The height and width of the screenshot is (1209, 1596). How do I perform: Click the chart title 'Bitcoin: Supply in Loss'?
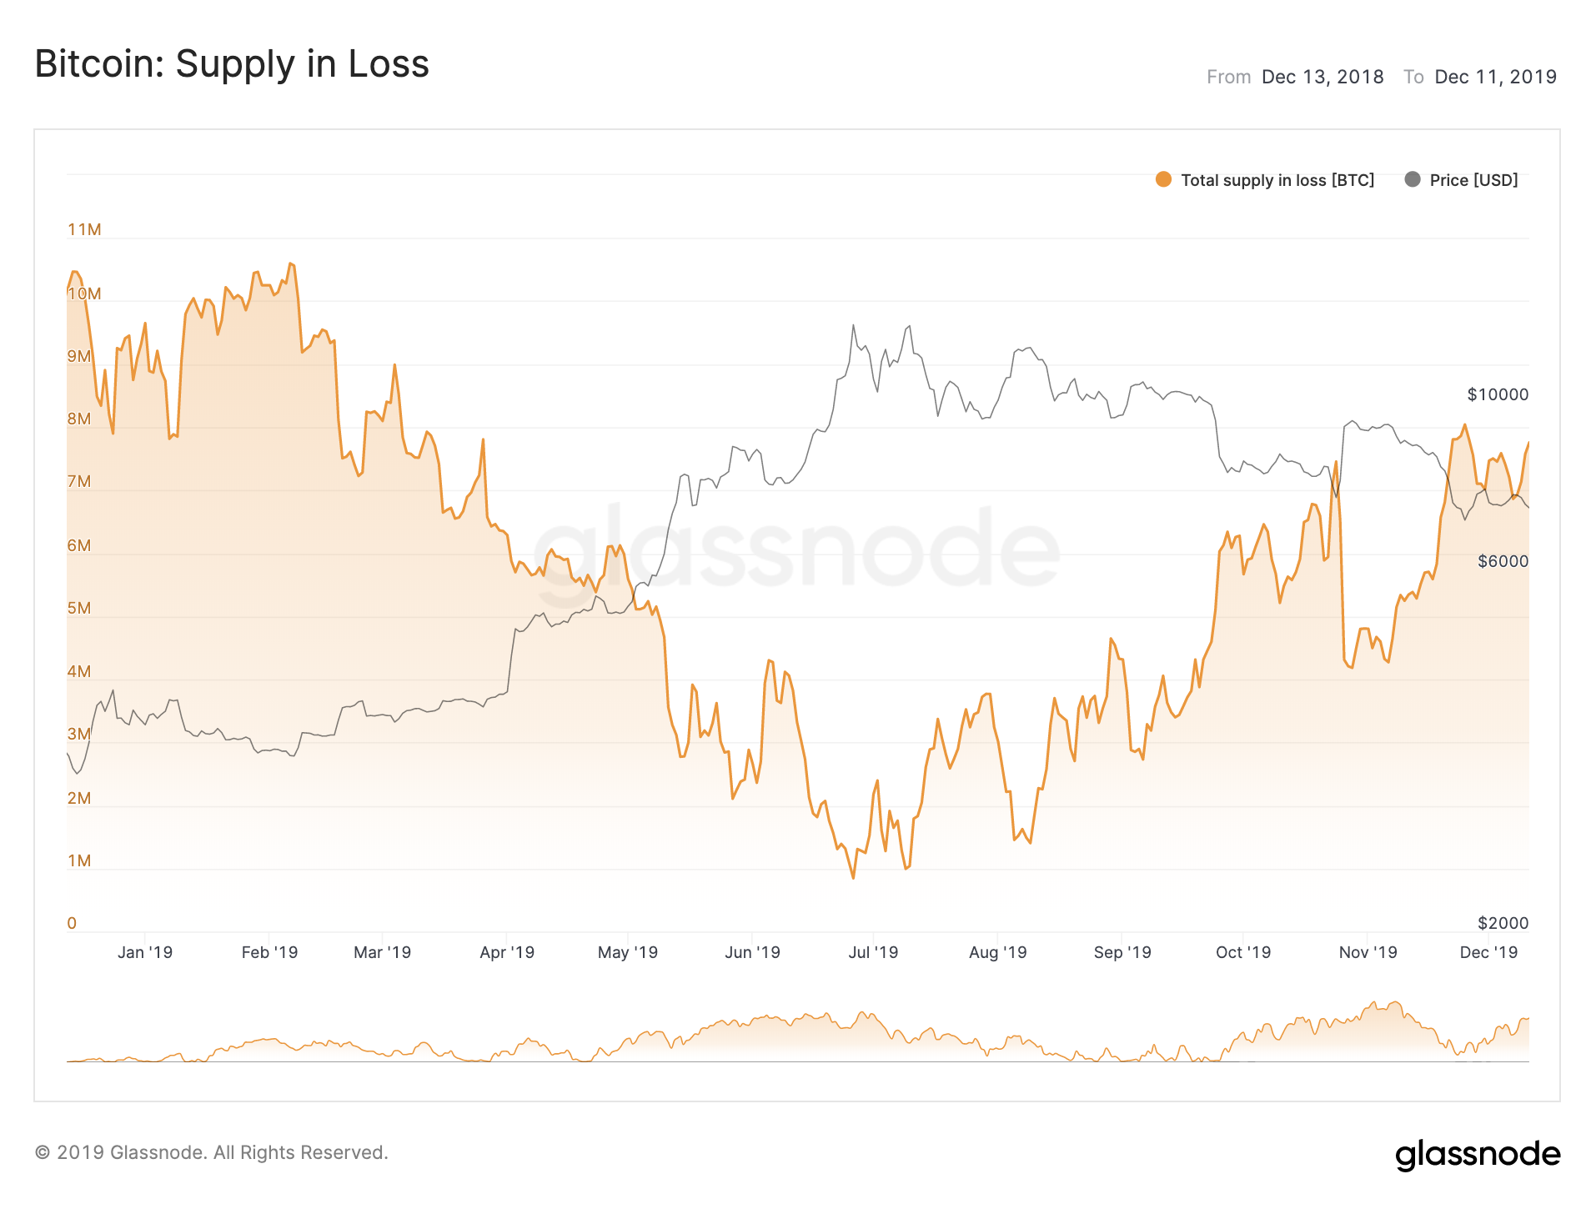coord(232,64)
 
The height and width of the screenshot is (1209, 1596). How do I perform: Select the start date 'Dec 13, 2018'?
coord(1322,78)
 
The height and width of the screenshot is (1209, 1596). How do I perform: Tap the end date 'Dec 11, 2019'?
coord(1495,78)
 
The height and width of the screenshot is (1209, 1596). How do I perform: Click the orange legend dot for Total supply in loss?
coord(1163,179)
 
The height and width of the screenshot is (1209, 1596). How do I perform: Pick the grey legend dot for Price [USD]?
coord(1412,179)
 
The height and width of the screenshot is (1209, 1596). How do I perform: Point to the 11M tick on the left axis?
coord(84,229)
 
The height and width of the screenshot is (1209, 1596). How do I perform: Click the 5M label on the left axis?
coord(79,608)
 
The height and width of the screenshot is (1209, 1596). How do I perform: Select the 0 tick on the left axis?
coord(72,923)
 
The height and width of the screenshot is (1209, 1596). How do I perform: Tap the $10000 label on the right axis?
coord(1498,394)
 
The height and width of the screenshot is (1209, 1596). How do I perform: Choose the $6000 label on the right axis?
coord(1503,561)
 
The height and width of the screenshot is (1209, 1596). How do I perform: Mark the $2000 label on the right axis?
coord(1503,923)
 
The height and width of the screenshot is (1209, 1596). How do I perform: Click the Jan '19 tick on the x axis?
coord(145,952)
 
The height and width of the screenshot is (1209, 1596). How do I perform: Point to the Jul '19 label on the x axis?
coord(873,952)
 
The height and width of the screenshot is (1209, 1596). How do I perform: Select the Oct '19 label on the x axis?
coord(1242,952)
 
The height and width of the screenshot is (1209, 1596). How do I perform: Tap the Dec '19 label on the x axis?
coord(1488,952)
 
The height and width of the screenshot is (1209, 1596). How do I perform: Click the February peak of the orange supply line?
coord(290,263)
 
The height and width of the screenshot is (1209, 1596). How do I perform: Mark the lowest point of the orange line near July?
coord(853,878)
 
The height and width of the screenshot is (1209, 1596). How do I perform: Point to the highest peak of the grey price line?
coord(909,326)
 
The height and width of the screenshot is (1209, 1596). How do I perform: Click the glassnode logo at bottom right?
coord(1478,1155)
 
